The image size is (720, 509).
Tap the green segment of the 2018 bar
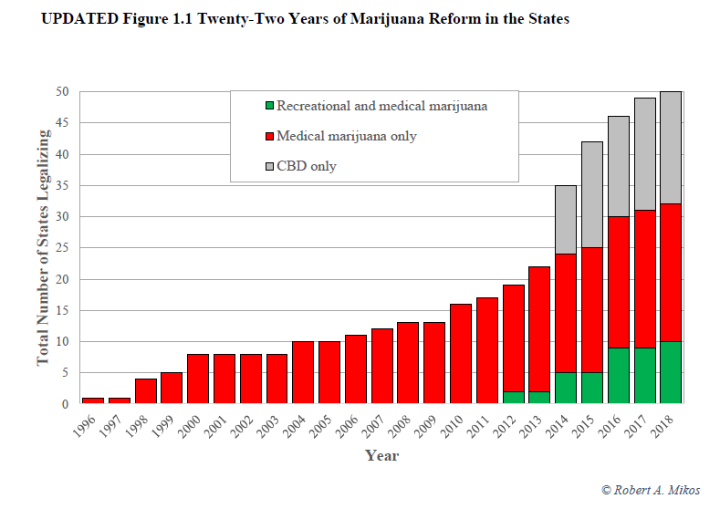click(671, 372)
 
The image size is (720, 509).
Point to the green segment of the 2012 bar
click(513, 397)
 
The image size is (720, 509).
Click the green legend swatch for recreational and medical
click(268, 106)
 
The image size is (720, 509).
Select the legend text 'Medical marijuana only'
click(347, 136)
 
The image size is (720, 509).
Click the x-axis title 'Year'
click(381, 454)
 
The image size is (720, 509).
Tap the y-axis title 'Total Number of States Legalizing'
click(44, 246)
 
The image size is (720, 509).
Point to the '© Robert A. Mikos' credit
click(651, 491)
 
